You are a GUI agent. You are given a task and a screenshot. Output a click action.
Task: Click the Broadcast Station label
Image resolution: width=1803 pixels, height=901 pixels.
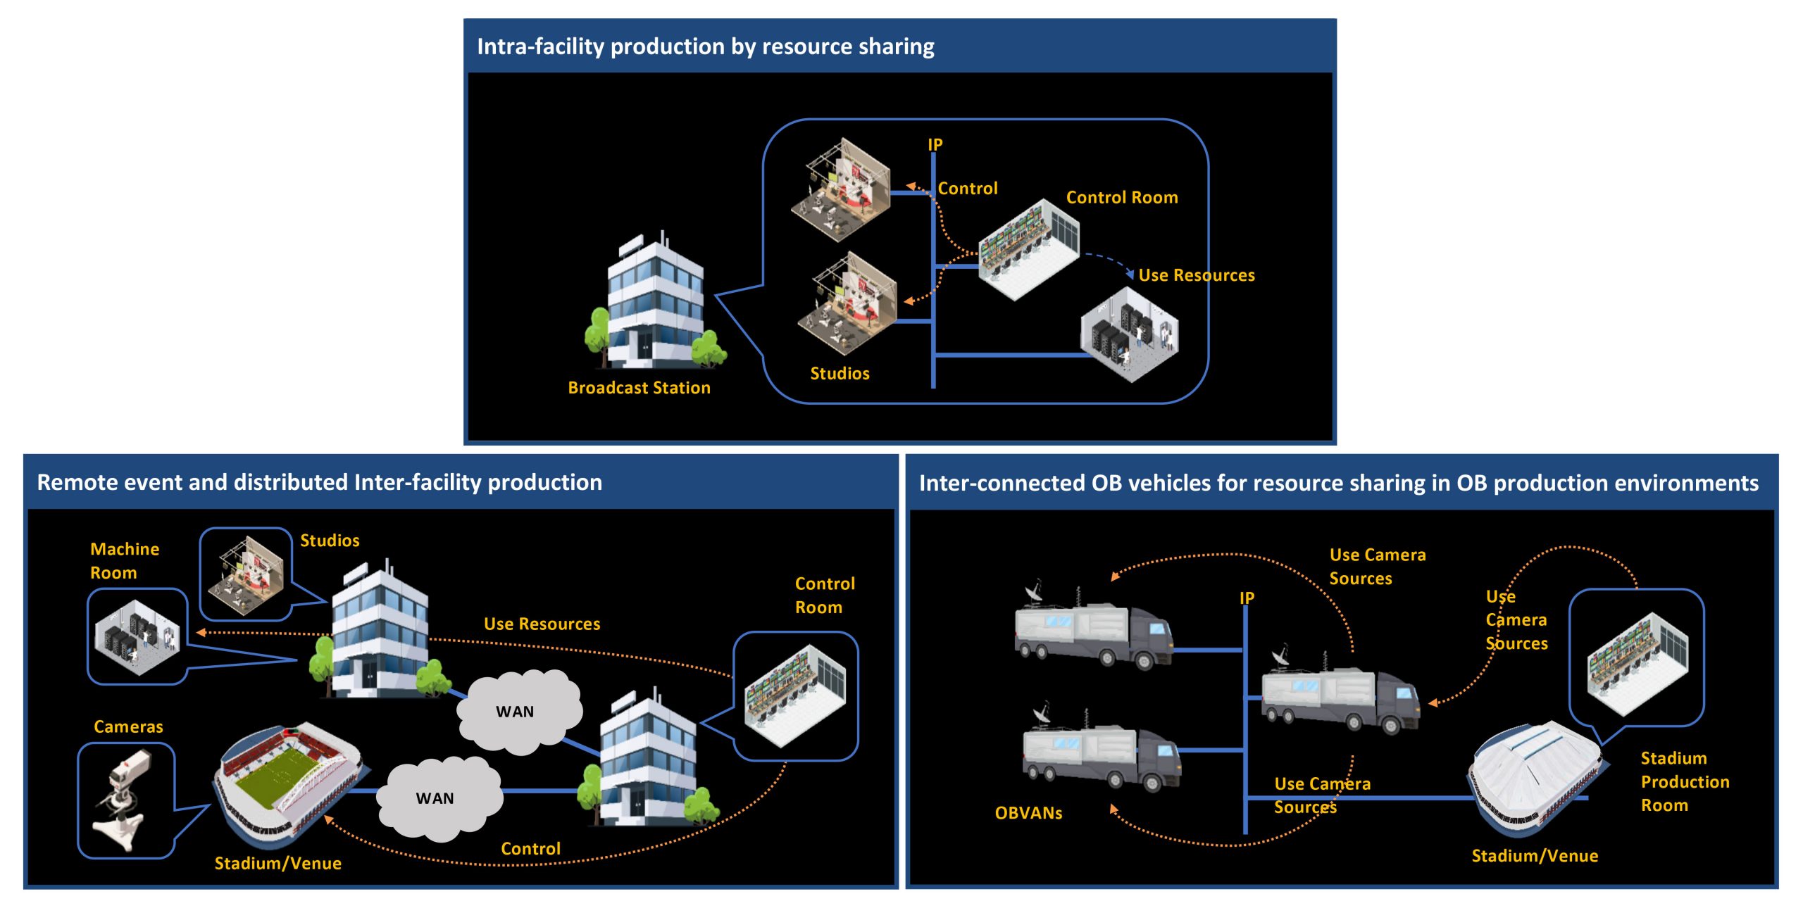(x=639, y=388)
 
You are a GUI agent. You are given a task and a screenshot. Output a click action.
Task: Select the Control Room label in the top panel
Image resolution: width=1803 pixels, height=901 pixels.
(x=1121, y=198)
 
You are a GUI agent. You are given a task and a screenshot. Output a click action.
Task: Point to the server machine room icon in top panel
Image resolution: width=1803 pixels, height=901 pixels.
(x=1129, y=335)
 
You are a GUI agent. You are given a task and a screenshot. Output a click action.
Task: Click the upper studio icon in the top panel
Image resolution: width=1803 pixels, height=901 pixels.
(x=841, y=189)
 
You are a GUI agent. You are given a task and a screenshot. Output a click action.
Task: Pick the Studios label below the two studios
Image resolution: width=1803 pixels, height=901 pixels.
(x=840, y=374)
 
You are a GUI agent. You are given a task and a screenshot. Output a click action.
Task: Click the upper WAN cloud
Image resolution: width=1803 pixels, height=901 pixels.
(x=516, y=712)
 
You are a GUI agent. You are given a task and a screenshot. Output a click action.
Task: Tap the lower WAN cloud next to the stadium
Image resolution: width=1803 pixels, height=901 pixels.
(x=437, y=798)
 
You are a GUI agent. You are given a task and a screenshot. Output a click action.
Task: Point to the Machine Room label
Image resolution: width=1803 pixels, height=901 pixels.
(x=124, y=561)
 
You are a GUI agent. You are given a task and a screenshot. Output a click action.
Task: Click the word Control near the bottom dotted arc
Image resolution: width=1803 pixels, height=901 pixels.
(x=530, y=849)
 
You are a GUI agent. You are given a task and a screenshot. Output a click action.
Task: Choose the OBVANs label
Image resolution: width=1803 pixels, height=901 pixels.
(x=1028, y=813)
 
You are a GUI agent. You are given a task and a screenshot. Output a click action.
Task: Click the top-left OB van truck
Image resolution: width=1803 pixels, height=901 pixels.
(x=1092, y=630)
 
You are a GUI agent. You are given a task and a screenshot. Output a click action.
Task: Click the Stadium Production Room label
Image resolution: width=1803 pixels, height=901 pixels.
(x=1684, y=782)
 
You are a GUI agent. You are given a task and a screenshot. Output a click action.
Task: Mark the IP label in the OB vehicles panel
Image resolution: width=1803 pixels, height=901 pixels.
(x=1247, y=598)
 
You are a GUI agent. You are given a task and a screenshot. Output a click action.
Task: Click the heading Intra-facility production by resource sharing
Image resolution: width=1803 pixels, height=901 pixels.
(x=705, y=46)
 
